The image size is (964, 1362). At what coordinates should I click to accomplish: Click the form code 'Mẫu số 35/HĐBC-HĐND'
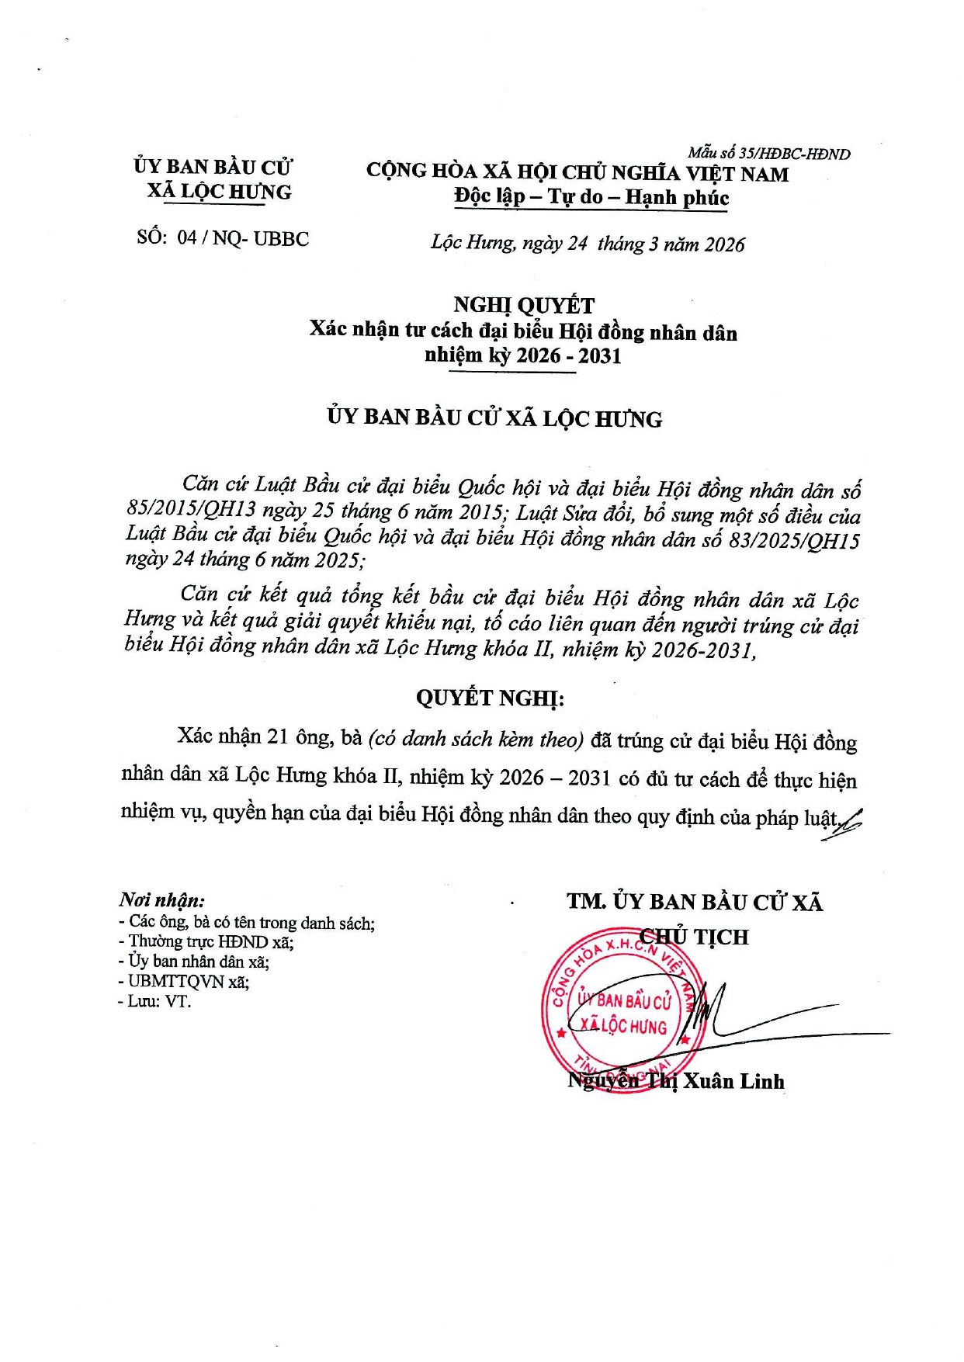(768, 154)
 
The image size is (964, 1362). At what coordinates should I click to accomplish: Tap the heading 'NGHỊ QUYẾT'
(523, 306)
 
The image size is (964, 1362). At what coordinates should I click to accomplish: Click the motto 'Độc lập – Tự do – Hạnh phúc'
(591, 197)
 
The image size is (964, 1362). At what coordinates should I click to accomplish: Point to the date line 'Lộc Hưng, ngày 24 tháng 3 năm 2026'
(588, 244)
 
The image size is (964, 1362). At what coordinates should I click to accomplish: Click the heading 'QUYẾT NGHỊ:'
(490, 698)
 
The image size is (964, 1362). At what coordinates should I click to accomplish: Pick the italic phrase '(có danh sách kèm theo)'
(476, 739)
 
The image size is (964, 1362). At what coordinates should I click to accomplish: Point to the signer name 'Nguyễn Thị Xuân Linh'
(675, 1081)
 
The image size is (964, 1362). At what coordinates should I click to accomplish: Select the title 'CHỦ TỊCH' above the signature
(694, 937)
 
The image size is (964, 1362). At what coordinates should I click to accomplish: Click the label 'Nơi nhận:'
(162, 900)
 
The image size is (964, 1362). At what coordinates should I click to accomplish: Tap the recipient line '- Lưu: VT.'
(154, 1001)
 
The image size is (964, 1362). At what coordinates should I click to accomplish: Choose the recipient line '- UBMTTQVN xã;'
(184, 982)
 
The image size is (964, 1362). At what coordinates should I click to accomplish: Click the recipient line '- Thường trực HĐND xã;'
(206, 942)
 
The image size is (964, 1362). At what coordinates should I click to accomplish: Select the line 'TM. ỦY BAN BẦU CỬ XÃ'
(694, 902)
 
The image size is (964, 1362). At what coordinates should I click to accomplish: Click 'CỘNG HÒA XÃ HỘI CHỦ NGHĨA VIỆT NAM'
(577, 172)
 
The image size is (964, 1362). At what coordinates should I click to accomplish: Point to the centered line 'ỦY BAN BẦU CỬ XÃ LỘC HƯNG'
(494, 418)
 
